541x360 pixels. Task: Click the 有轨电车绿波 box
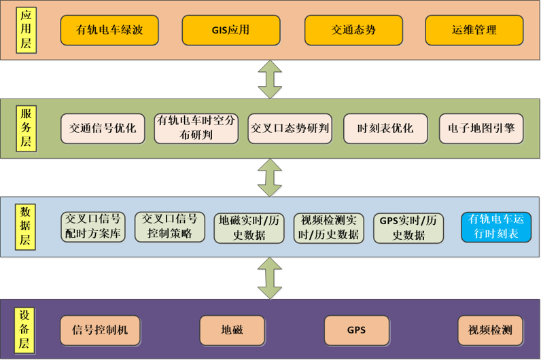click(109, 31)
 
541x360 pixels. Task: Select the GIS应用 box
click(231, 31)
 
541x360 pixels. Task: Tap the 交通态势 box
click(353, 31)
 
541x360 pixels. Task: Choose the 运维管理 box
click(474, 31)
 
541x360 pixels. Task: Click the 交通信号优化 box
click(103, 128)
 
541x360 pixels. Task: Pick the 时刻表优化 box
click(386, 128)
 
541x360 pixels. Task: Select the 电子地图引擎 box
click(481, 128)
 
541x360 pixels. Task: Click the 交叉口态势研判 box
click(290, 128)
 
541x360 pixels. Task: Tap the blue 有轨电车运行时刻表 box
click(496, 227)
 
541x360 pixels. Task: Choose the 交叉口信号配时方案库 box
click(93, 227)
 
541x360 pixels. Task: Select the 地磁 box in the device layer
click(232, 331)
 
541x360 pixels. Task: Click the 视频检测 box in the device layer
click(490, 331)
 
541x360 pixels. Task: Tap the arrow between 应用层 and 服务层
click(270, 79)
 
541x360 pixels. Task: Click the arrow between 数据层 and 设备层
click(270, 278)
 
